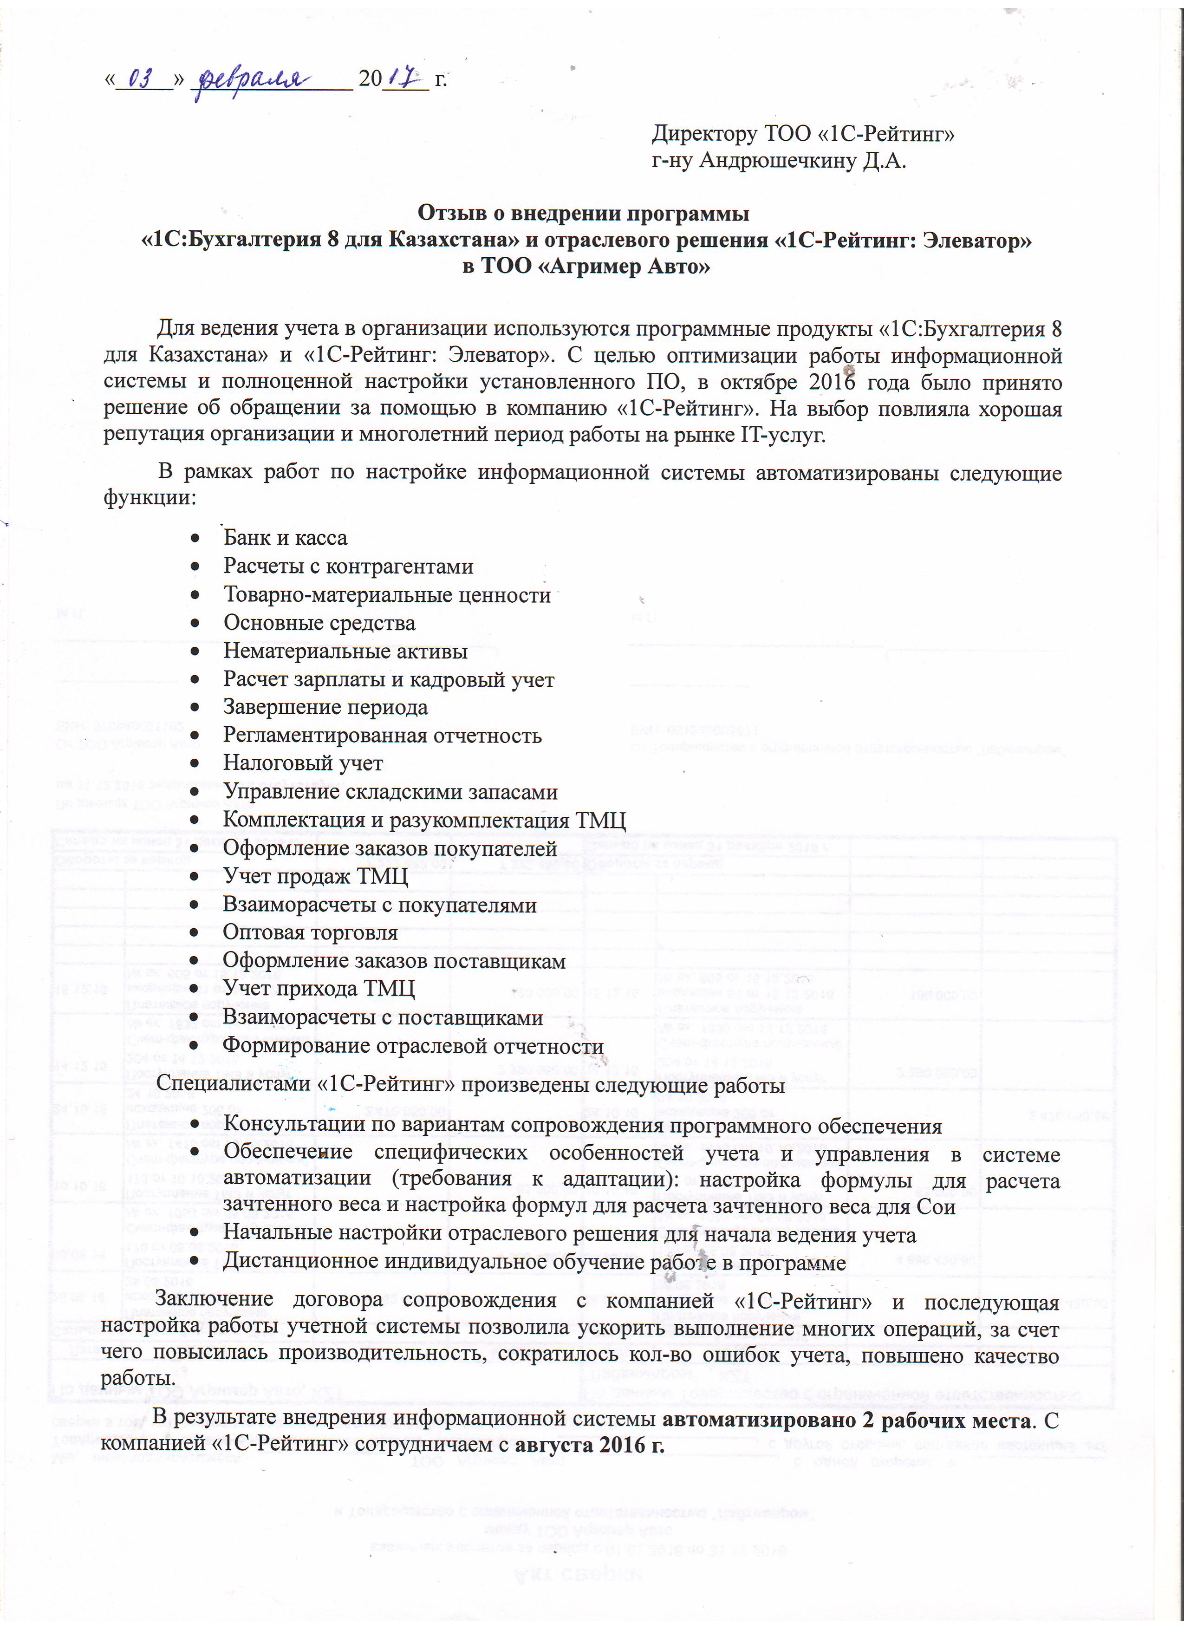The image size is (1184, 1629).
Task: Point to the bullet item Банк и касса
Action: point(285,538)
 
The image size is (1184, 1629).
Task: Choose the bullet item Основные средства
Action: point(319,623)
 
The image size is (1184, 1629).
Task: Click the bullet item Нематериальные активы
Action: point(345,652)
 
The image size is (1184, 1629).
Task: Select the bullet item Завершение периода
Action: point(325,708)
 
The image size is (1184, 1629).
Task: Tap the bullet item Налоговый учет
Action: point(303,763)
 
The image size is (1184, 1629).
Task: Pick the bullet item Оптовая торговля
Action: point(310,933)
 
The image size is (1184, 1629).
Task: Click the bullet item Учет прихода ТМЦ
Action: point(319,989)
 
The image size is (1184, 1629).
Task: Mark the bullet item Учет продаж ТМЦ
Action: point(315,877)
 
